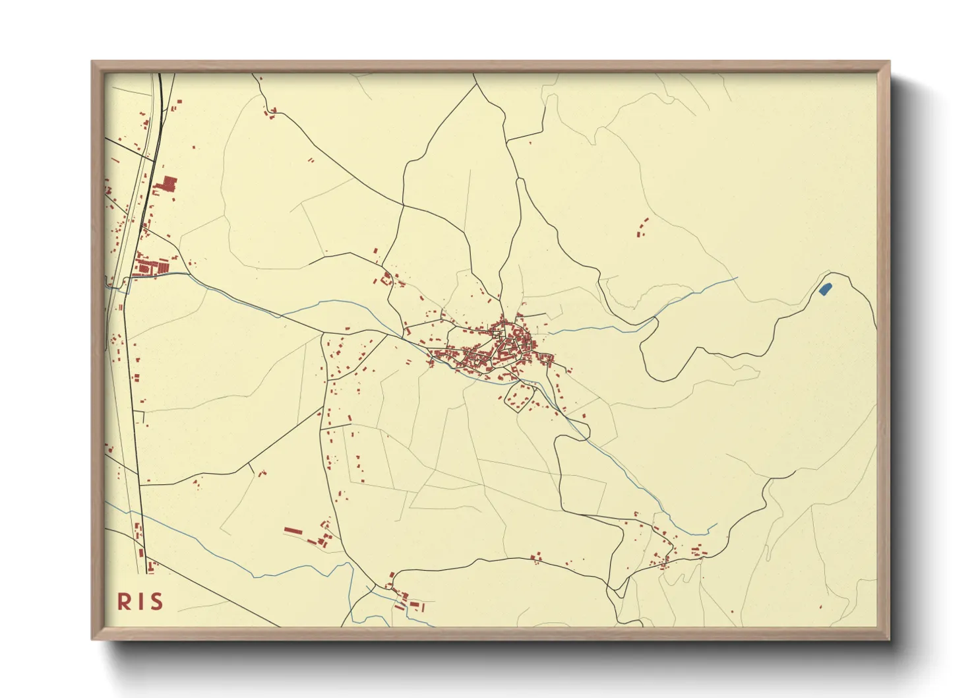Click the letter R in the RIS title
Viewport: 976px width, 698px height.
(124, 602)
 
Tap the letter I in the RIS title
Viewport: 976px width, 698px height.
(140, 602)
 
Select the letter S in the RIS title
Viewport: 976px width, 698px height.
(156, 602)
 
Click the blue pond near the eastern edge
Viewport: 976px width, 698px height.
(824, 288)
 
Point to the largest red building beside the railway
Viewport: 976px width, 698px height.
(169, 183)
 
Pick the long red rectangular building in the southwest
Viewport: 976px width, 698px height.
(292, 530)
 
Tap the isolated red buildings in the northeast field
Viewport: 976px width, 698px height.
(642, 228)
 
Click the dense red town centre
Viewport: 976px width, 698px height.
(508, 343)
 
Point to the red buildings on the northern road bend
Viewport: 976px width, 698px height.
(270, 112)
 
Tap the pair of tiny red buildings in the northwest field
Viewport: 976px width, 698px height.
(311, 159)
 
